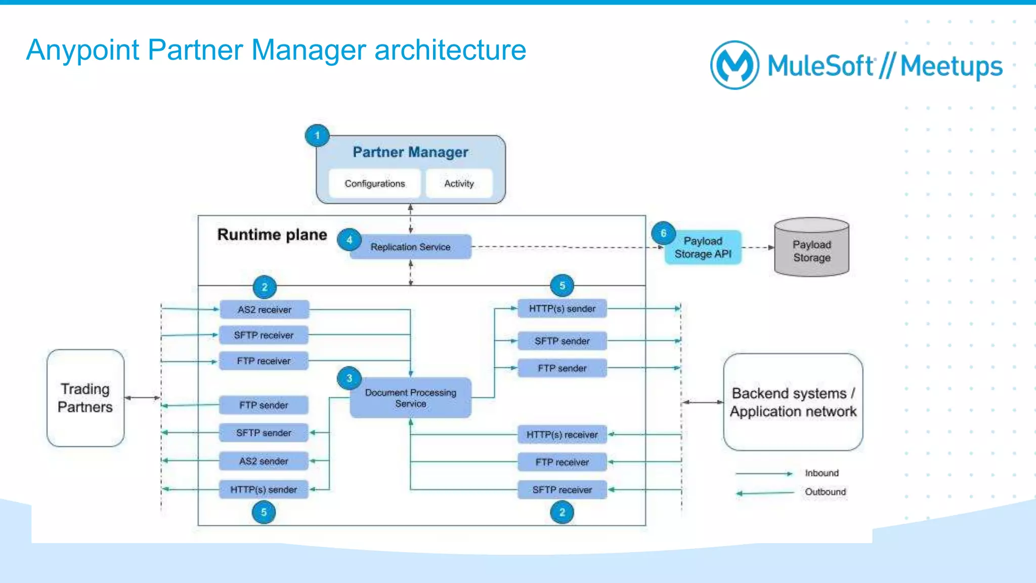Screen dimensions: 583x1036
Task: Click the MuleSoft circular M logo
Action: (735, 65)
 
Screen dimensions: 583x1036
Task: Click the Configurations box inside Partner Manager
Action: (374, 184)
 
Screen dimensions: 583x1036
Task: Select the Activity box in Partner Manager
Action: (459, 184)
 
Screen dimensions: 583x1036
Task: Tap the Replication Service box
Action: (410, 247)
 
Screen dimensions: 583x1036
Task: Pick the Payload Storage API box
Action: (703, 247)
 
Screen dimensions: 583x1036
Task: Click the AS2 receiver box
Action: (264, 309)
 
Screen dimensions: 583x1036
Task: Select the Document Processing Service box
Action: (410, 398)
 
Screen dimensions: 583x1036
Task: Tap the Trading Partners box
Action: (85, 398)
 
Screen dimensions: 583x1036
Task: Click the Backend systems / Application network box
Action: (793, 402)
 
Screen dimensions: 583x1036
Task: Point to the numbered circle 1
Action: (317, 136)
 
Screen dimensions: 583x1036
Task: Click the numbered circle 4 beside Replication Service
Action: (349, 240)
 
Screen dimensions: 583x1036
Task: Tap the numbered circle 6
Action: (663, 233)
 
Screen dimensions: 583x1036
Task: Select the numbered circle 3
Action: (349, 378)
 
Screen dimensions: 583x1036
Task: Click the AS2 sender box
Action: (264, 461)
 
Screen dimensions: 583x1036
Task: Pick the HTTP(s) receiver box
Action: (562, 435)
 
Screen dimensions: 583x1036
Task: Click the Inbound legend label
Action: (822, 473)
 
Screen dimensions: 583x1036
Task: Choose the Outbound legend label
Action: (825, 492)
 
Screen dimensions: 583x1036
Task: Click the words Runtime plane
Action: (272, 235)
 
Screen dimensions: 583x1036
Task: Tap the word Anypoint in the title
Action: (82, 50)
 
